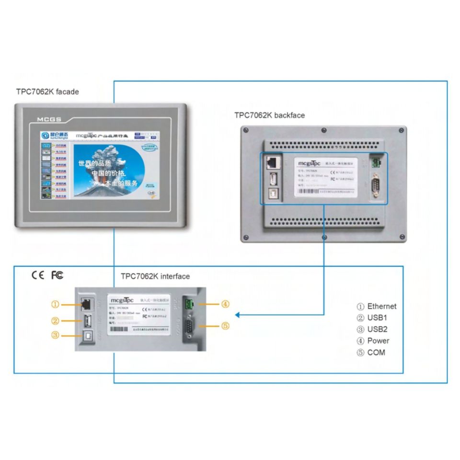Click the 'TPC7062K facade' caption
click(x=47, y=92)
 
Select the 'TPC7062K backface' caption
click(x=269, y=115)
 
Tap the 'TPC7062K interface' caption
click(x=155, y=276)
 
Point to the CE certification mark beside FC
click(x=37, y=275)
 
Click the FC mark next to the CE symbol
click(x=57, y=275)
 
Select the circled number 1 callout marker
click(x=56, y=304)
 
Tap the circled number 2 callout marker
click(x=56, y=321)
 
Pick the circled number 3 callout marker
click(x=56, y=335)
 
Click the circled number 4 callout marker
click(x=225, y=304)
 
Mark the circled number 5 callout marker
click(x=225, y=326)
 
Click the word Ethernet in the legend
click(x=382, y=306)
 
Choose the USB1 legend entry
click(x=377, y=318)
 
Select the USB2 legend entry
click(x=377, y=329)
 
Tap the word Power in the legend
click(x=378, y=341)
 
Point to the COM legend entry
click(x=376, y=352)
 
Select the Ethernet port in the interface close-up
click(x=87, y=304)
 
